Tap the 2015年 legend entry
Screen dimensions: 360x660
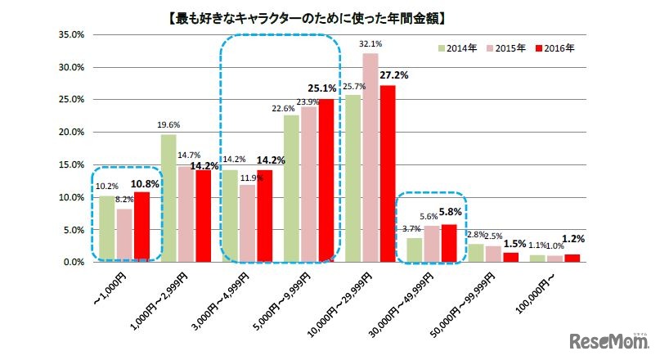pos(509,48)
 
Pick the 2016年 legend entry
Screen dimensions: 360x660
pos(557,48)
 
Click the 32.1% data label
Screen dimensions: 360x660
pos(370,44)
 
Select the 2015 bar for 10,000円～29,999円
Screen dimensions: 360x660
pos(370,158)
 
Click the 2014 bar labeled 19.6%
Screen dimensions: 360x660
pos(168,198)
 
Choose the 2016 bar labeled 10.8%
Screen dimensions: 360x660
pos(142,227)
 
